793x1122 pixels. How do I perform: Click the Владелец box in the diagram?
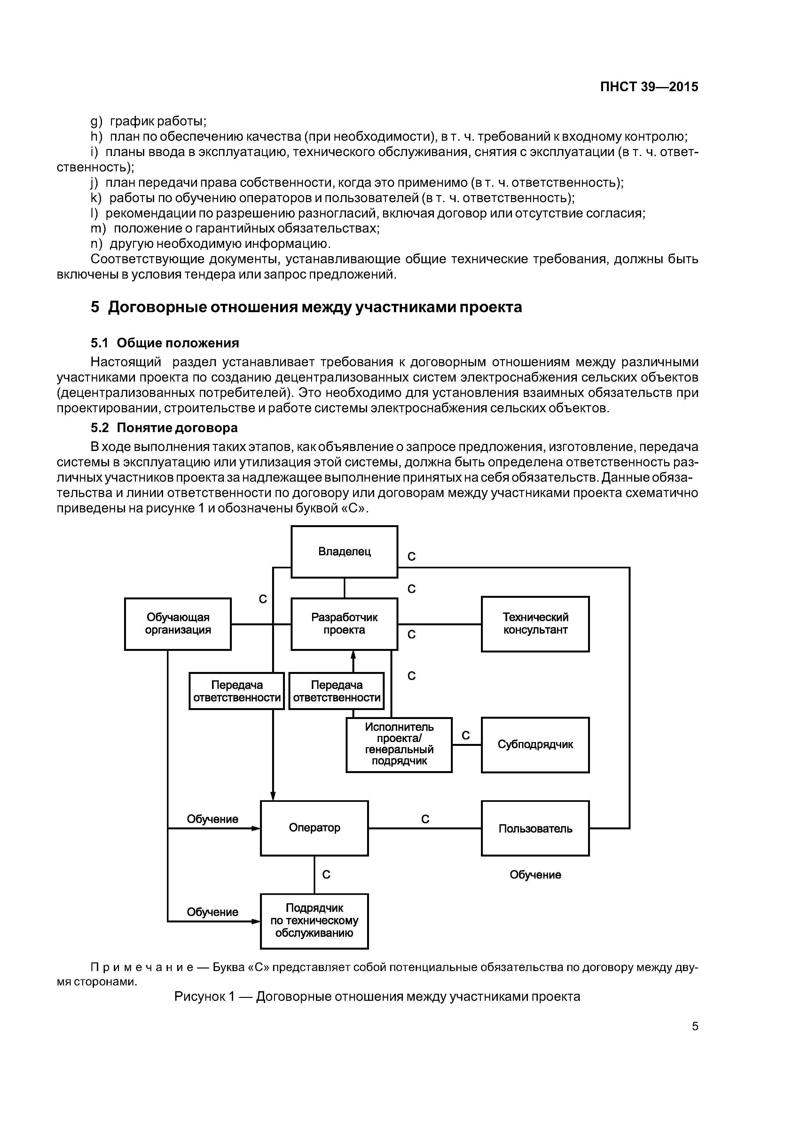pos(344,552)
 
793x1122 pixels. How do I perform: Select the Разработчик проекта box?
pos(344,624)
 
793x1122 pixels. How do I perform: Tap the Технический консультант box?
pos(535,624)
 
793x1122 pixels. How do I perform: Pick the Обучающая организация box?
pos(178,624)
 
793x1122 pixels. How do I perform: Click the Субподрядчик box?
pos(535,745)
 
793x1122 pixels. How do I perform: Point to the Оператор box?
pos(314,828)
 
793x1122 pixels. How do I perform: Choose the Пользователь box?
pos(535,828)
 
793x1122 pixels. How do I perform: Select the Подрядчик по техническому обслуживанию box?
pos(314,921)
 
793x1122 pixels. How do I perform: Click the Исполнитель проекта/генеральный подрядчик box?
pos(399,745)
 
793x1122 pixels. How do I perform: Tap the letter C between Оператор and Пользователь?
pos(425,819)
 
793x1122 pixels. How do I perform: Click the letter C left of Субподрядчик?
pos(466,735)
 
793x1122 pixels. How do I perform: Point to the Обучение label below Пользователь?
pos(535,875)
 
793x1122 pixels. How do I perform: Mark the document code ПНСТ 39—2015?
pos(649,87)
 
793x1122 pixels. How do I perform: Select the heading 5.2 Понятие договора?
pos(164,428)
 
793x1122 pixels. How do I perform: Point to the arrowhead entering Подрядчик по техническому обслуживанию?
pos(256,921)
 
